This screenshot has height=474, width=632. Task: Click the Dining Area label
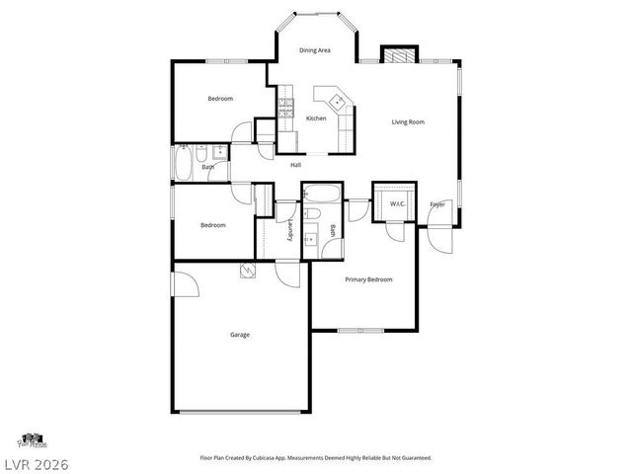314,49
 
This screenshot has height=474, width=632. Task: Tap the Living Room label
408,121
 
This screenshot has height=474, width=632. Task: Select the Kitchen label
316,118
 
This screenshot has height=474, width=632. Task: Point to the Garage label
239,335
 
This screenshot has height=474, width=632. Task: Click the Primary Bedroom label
368,279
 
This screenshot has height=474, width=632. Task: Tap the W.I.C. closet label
397,204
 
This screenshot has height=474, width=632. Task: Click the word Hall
295,165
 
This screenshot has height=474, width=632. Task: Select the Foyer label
436,204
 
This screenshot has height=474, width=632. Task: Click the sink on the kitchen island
336,99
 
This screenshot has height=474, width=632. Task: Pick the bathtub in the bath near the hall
185,164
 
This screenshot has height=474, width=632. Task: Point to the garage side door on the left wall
173,284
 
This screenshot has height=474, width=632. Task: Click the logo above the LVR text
33,439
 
